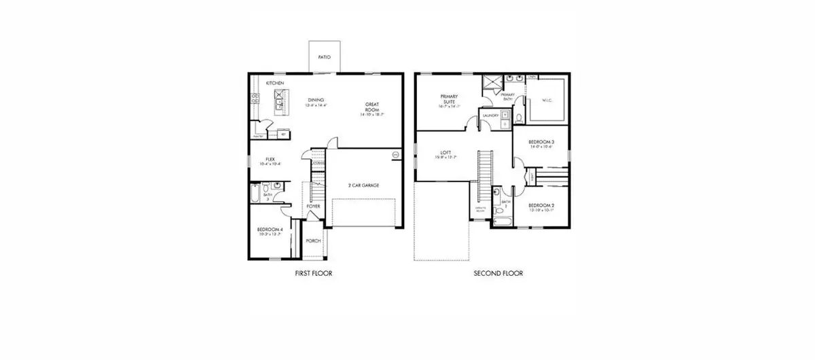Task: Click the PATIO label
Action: [324, 58]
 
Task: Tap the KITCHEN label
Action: [275, 83]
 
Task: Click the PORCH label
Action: [313, 240]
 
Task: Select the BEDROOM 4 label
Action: [270, 230]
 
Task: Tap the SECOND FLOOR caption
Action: [498, 274]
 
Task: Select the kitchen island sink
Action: [278, 105]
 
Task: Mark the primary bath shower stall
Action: [490, 84]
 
